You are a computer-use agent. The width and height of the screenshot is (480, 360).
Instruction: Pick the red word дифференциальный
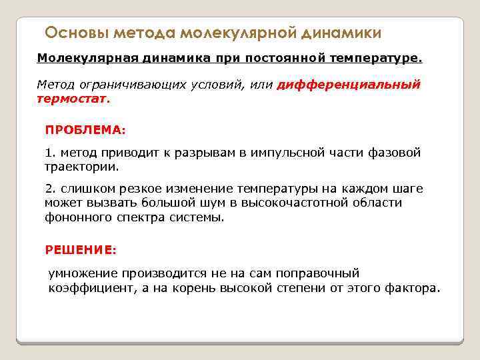349,85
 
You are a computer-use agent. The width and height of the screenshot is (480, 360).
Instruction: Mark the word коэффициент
85,288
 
